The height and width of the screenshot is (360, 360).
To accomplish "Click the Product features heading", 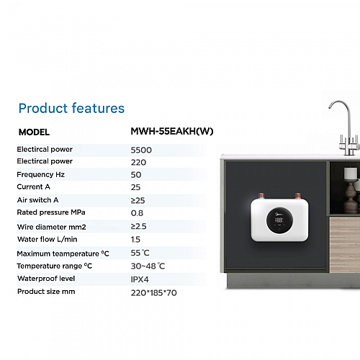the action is click(71, 108).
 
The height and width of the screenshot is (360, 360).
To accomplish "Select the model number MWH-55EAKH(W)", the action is click(172, 131).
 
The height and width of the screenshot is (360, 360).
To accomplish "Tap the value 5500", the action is click(141, 150).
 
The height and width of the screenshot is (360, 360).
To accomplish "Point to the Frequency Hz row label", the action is click(41, 174).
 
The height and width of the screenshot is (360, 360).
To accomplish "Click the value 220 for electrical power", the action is click(138, 163).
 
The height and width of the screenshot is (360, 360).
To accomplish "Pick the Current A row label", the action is click(34, 186).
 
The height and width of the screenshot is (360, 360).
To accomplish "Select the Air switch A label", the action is click(37, 200).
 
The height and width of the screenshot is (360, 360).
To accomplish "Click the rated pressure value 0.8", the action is click(137, 213).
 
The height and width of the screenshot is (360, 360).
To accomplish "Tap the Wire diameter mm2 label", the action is click(51, 227).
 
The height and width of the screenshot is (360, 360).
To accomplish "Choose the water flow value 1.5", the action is click(135, 239).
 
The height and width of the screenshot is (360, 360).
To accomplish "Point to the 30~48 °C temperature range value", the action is click(148, 266).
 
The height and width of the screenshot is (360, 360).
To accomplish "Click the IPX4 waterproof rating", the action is click(140, 279).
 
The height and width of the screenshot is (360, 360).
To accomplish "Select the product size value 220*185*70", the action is click(154, 293).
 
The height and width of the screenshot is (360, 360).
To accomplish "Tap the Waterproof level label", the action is click(46, 279).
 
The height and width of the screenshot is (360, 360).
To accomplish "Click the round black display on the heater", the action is click(279, 220).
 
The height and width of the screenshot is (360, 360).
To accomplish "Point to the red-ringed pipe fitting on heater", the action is click(298, 197).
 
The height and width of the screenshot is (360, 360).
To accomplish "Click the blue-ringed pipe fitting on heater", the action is click(261, 197).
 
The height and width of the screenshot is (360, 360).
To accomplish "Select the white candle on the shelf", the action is click(351, 173).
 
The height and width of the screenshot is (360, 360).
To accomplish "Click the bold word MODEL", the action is click(34, 132).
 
